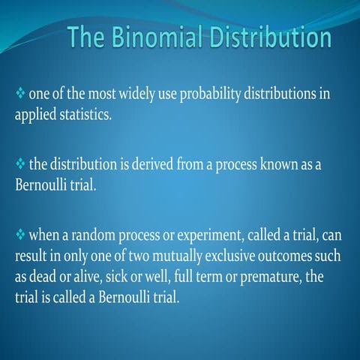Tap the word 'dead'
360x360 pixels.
click(x=46, y=277)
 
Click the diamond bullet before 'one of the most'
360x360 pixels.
click(x=20, y=96)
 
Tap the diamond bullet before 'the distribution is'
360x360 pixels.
click(x=20, y=164)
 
